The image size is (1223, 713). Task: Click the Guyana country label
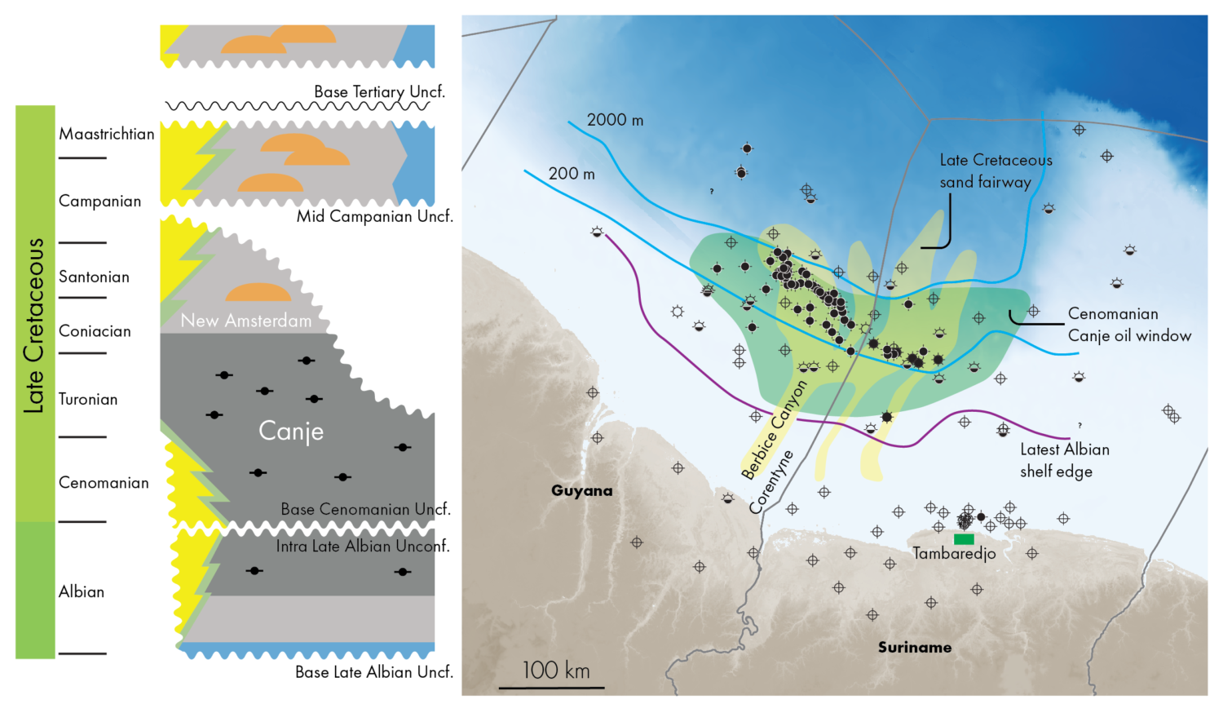[x=581, y=490]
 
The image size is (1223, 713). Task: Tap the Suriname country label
[x=914, y=647]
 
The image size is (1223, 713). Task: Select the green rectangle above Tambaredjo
[x=964, y=538]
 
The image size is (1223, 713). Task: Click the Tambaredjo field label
[x=954, y=554]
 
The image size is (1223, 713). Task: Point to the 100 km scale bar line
[x=551, y=688]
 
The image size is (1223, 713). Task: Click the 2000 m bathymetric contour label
[x=615, y=120]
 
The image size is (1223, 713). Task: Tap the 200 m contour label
[x=571, y=173]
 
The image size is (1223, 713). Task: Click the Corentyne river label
[x=771, y=482]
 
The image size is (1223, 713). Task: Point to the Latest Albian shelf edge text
[x=1063, y=460]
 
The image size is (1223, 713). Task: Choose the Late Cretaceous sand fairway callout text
[x=995, y=171]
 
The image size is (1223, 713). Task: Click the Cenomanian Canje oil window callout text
[x=1128, y=325]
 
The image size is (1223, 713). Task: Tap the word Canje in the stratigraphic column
[x=291, y=431]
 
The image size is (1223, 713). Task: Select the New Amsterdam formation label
[x=245, y=321]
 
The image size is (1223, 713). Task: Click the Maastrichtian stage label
[x=106, y=134]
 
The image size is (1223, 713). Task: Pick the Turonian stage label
[x=88, y=399]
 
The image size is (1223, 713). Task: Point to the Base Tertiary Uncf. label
[x=379, y=91]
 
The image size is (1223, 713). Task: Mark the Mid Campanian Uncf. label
[x=374, y=216]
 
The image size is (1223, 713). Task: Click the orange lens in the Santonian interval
[x=258, y=293]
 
